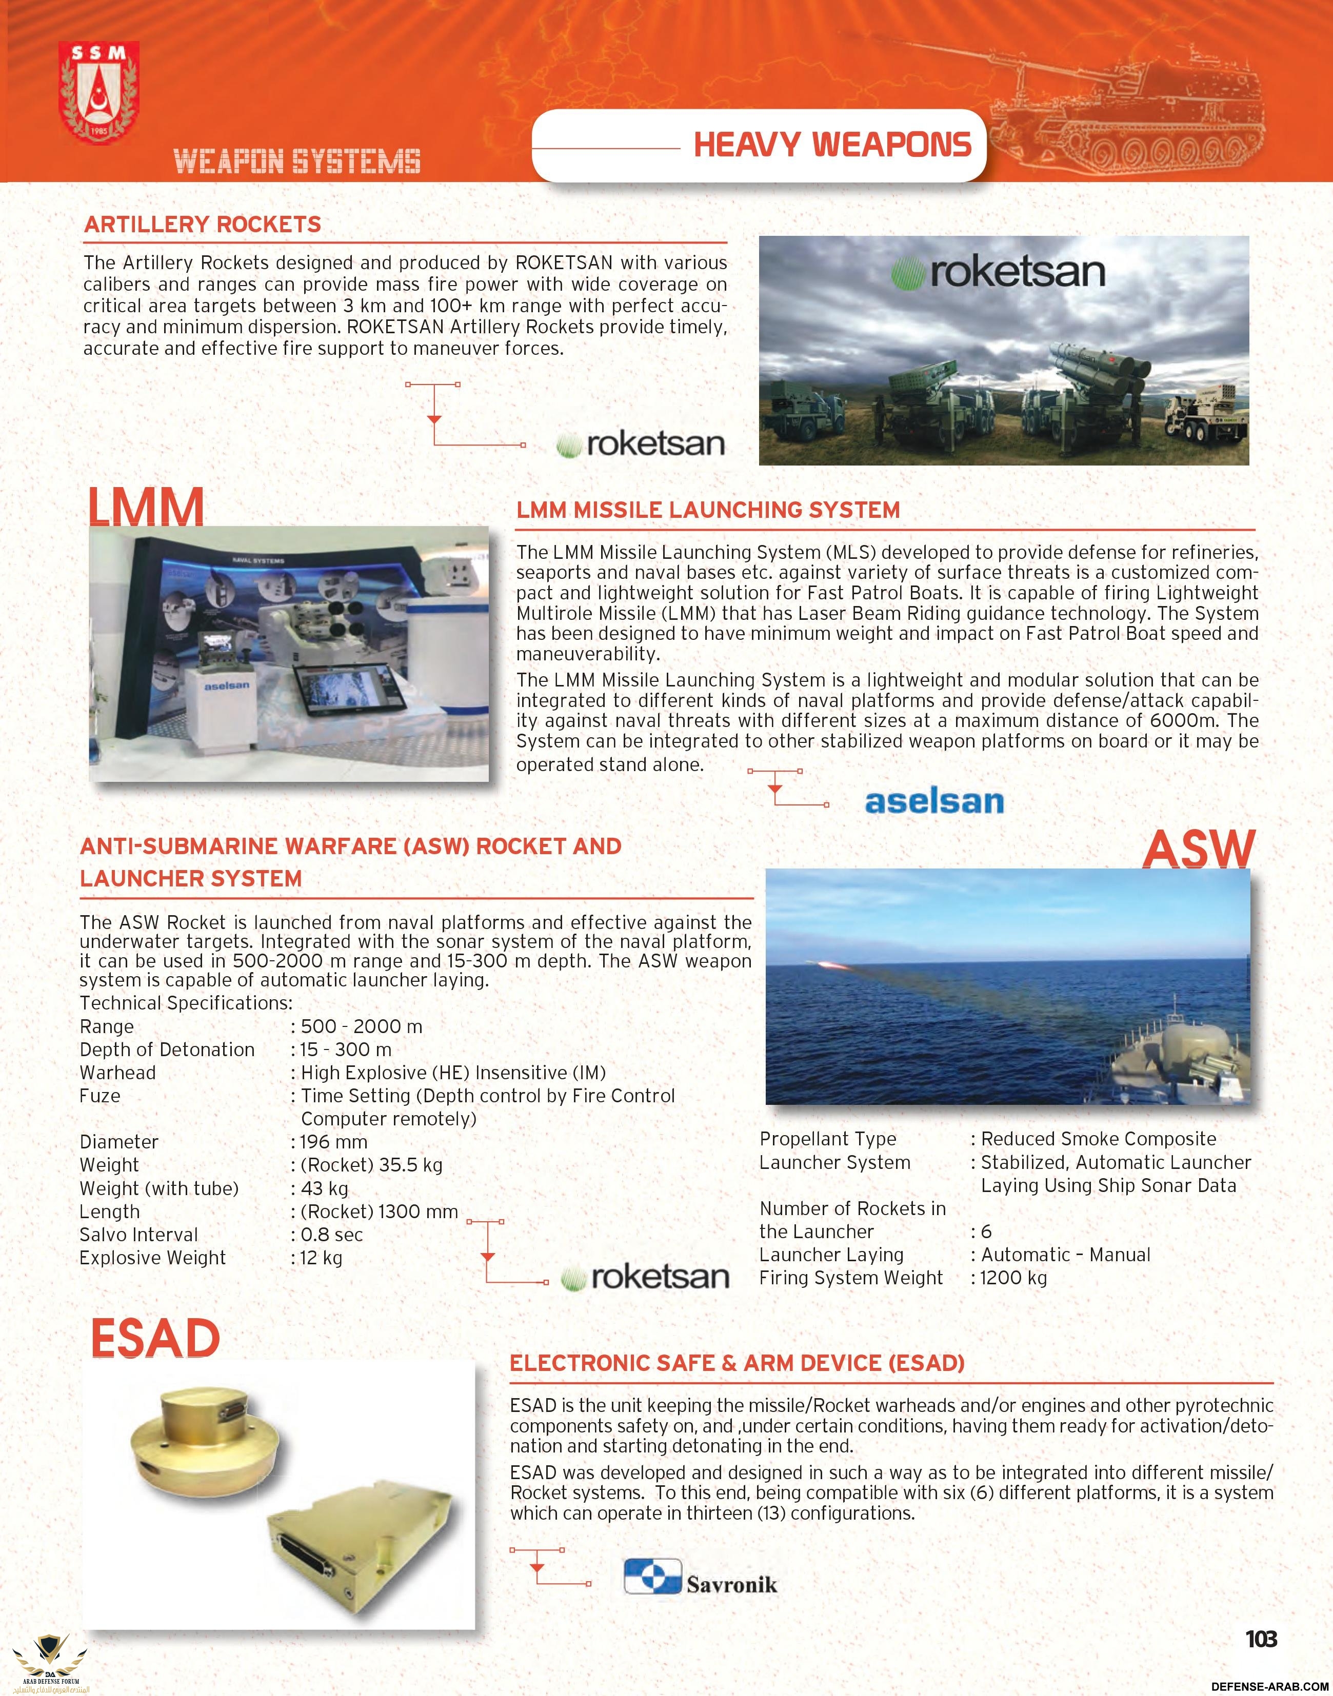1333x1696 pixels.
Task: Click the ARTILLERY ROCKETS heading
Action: click(x=203, y=225)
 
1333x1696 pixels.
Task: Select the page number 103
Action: click(x=1260, y=1638)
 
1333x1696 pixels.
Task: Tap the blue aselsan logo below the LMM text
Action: click(x=934, y=801)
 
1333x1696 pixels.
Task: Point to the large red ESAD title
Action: click(x=155, y=1338)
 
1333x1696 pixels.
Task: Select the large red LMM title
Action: click(x=146, y=507)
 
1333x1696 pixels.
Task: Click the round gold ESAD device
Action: click(x=201, y=1430)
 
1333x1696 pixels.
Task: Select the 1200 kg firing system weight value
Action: click(x=1014, y=1278)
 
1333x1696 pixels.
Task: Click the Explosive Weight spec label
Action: click(x=152, y=1258)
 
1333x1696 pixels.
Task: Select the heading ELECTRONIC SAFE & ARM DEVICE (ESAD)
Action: click(x=737, y=1363)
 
